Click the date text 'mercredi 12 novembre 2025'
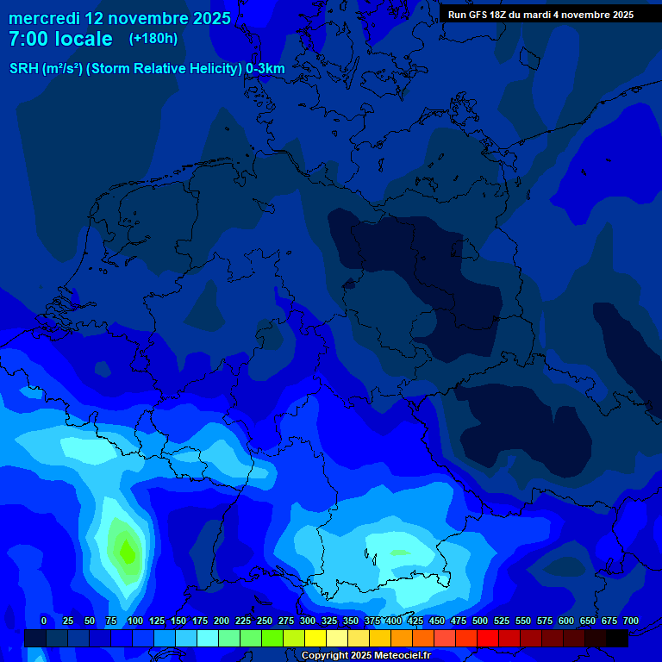point(119,18)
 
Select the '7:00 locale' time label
point(60,39)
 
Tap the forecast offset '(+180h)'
point(153,39)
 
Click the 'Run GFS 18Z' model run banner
point(540,15)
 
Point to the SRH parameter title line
point(147,69)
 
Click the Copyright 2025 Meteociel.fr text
point(366,655)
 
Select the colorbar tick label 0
point(44,621)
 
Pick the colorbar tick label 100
point(134,621)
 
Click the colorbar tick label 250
point(264,621)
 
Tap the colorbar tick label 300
point(307,621)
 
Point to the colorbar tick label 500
point(480,621)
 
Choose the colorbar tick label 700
point(630,621)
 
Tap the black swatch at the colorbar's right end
point(617,638)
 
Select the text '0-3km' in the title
point(265,69)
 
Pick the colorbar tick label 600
point(566,621)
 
